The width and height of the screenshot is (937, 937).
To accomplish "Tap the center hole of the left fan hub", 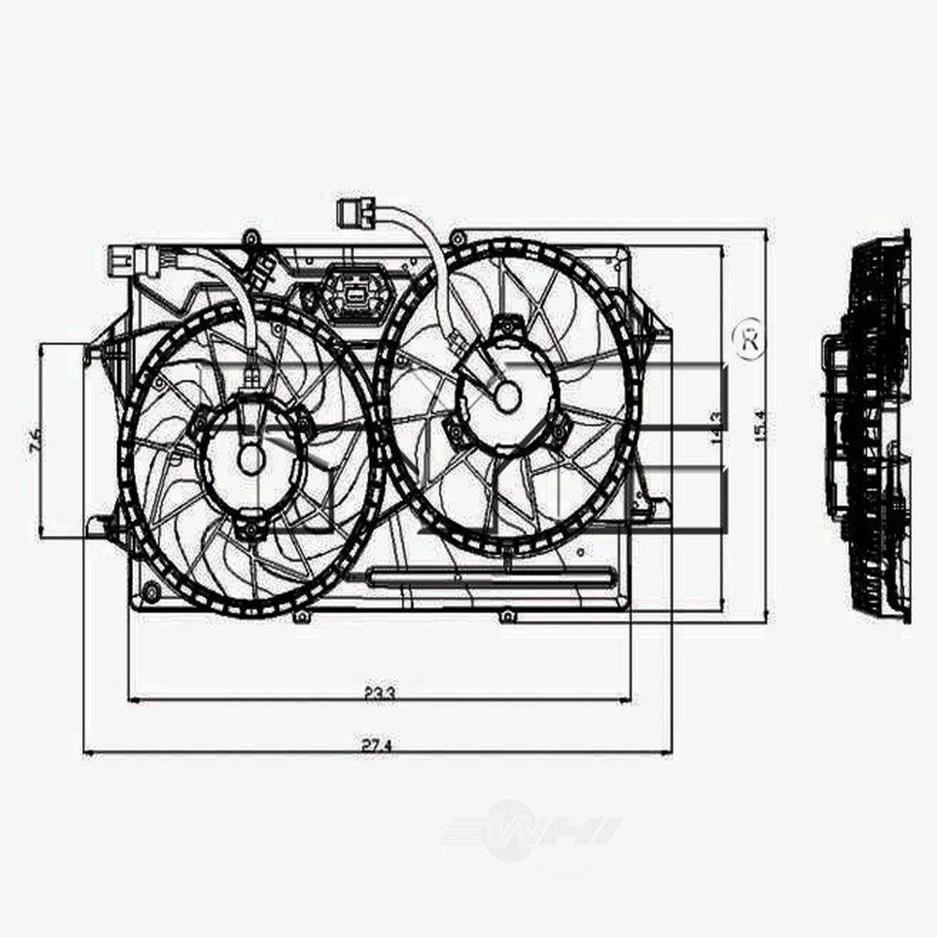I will [x=250, y=458].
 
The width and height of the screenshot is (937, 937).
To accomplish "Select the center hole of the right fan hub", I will [x=507, y=396].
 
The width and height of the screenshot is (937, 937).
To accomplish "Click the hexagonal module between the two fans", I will [x=355, y=293].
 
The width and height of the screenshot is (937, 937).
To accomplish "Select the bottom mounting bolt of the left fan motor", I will [x=249, y=533].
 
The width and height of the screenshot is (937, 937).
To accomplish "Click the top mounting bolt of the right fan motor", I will [x=507, y=324].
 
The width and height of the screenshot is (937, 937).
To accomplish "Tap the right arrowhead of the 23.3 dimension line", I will [x=628, y=698].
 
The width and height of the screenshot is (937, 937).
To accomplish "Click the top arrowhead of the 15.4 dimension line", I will [x=767, y=232].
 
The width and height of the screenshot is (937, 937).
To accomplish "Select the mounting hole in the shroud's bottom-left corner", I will [x=150, y=589].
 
